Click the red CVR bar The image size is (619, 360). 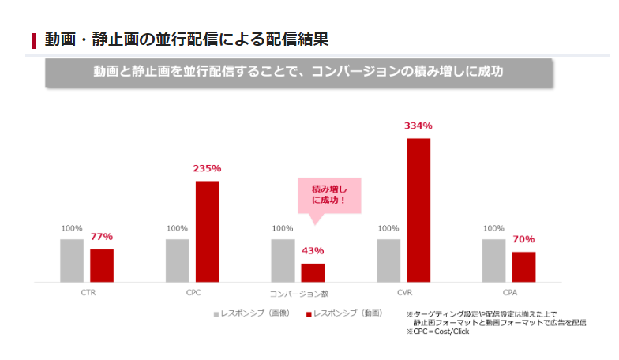coord(418,210)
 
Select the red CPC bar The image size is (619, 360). coord(207,231)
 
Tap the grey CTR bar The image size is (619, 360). coord(72,260)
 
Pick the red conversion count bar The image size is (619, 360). coord(313,272)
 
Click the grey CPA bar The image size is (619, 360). coord(493,260)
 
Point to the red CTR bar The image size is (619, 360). coord(102,265)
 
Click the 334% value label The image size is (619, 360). coord(418,126)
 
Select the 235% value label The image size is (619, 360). coord(207,168)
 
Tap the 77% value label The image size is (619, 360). coord(102,236)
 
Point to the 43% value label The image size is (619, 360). coord(313,250)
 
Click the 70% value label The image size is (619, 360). coord(523,238)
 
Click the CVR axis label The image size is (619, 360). coord(404,293)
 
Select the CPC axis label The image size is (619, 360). coord(193,293)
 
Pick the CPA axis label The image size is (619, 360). coord(509,293)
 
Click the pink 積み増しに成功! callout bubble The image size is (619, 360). coord(328,195)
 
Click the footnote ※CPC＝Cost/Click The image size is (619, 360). coord(437,332)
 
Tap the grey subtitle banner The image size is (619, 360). coord(298,71)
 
